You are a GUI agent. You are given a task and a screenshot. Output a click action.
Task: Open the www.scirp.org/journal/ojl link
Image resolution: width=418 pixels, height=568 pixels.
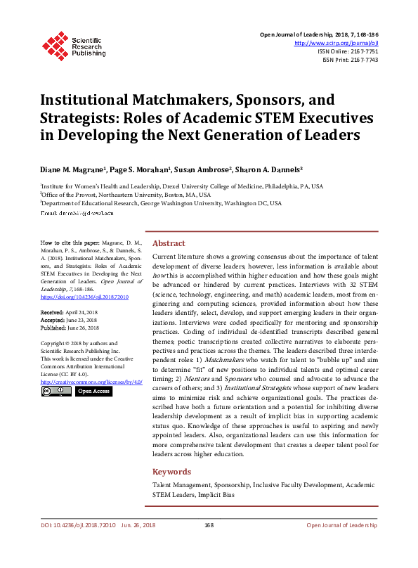(x=335, y=43)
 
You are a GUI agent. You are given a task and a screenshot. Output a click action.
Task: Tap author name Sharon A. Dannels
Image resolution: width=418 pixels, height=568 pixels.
(x=268, y=169)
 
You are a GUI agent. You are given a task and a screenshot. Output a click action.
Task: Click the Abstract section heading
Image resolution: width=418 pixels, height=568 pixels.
(x=169, y=243)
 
